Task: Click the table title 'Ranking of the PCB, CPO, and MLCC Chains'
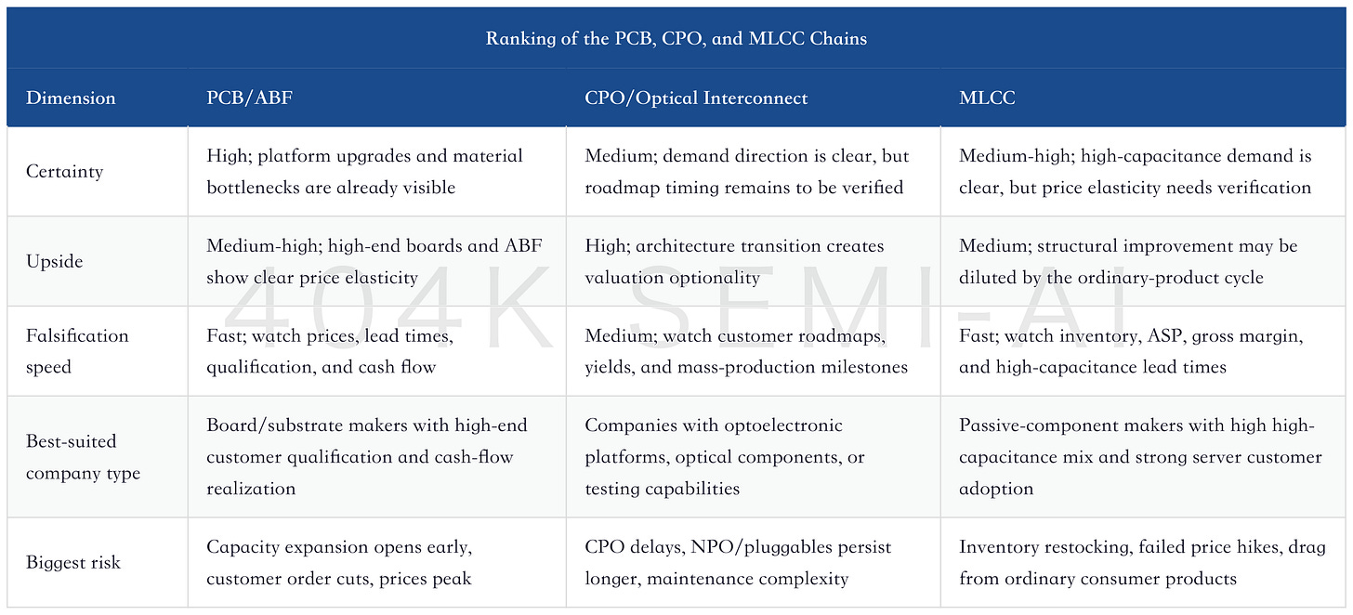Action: tap(676, 38)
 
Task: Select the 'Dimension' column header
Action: tap(71, 98)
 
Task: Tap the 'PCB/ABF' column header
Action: tap(249, 98)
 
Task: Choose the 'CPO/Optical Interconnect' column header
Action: tap(696, 98)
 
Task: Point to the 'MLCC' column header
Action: tap(987, 98)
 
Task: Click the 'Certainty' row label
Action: tap(65, 172)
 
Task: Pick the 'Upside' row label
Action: tap(54, 262)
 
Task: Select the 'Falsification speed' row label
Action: tap(77, 351)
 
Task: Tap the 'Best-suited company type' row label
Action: tap(84, 457)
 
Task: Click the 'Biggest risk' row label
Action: tap(73, 562)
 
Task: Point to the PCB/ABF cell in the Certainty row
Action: tap(365, 172)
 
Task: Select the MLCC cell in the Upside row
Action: tap(1128, 262)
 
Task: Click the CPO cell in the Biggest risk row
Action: tap(738, 562)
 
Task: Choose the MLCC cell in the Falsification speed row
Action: tap(1131, 351)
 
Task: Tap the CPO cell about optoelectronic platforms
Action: tap(725, 457)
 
